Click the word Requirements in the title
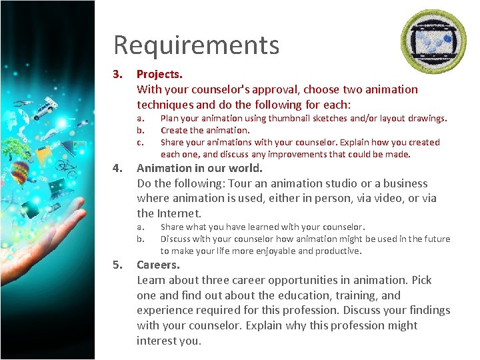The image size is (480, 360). [196, 45]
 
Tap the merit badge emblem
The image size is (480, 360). [433, 42]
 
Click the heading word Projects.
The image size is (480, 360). [159, 74]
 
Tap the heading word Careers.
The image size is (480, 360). [158, 265]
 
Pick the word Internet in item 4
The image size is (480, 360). [179, 213]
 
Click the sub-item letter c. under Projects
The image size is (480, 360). [140, 142]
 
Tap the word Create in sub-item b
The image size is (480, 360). [173, 130]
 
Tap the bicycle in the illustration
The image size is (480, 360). [67, 163]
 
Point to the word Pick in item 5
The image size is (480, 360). [421, 280]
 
